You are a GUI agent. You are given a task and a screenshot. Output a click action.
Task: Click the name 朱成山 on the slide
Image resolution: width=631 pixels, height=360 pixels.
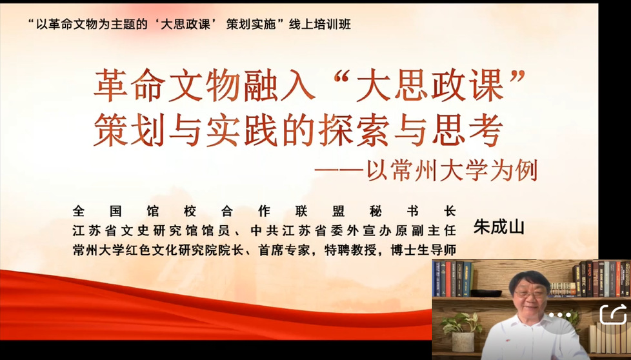click(499, 227)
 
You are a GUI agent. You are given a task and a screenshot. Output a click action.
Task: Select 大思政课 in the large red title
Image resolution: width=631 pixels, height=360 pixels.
click(430, 85)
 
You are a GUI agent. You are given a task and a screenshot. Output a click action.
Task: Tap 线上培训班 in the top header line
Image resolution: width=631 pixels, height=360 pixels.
click(320, 25)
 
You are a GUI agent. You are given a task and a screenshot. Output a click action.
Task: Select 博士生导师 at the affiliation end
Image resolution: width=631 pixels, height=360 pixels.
click(423, 250)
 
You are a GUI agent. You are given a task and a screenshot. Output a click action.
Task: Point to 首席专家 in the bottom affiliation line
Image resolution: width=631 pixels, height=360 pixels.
click(285, 250)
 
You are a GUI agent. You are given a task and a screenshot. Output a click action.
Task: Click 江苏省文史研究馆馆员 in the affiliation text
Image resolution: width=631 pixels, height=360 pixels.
click(152, 230)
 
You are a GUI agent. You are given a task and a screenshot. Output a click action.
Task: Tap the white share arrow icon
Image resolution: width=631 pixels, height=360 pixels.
click(614, 314)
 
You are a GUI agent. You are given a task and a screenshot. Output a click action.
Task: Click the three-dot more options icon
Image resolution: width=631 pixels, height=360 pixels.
click(560, 315)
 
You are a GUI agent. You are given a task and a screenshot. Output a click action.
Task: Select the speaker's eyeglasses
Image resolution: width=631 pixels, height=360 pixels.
click(527, 294)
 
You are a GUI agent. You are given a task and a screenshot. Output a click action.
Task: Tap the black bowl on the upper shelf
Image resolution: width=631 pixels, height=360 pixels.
click(486, 294)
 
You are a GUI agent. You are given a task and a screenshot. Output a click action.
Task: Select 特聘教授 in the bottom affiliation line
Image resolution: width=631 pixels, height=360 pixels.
click(350, 250)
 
